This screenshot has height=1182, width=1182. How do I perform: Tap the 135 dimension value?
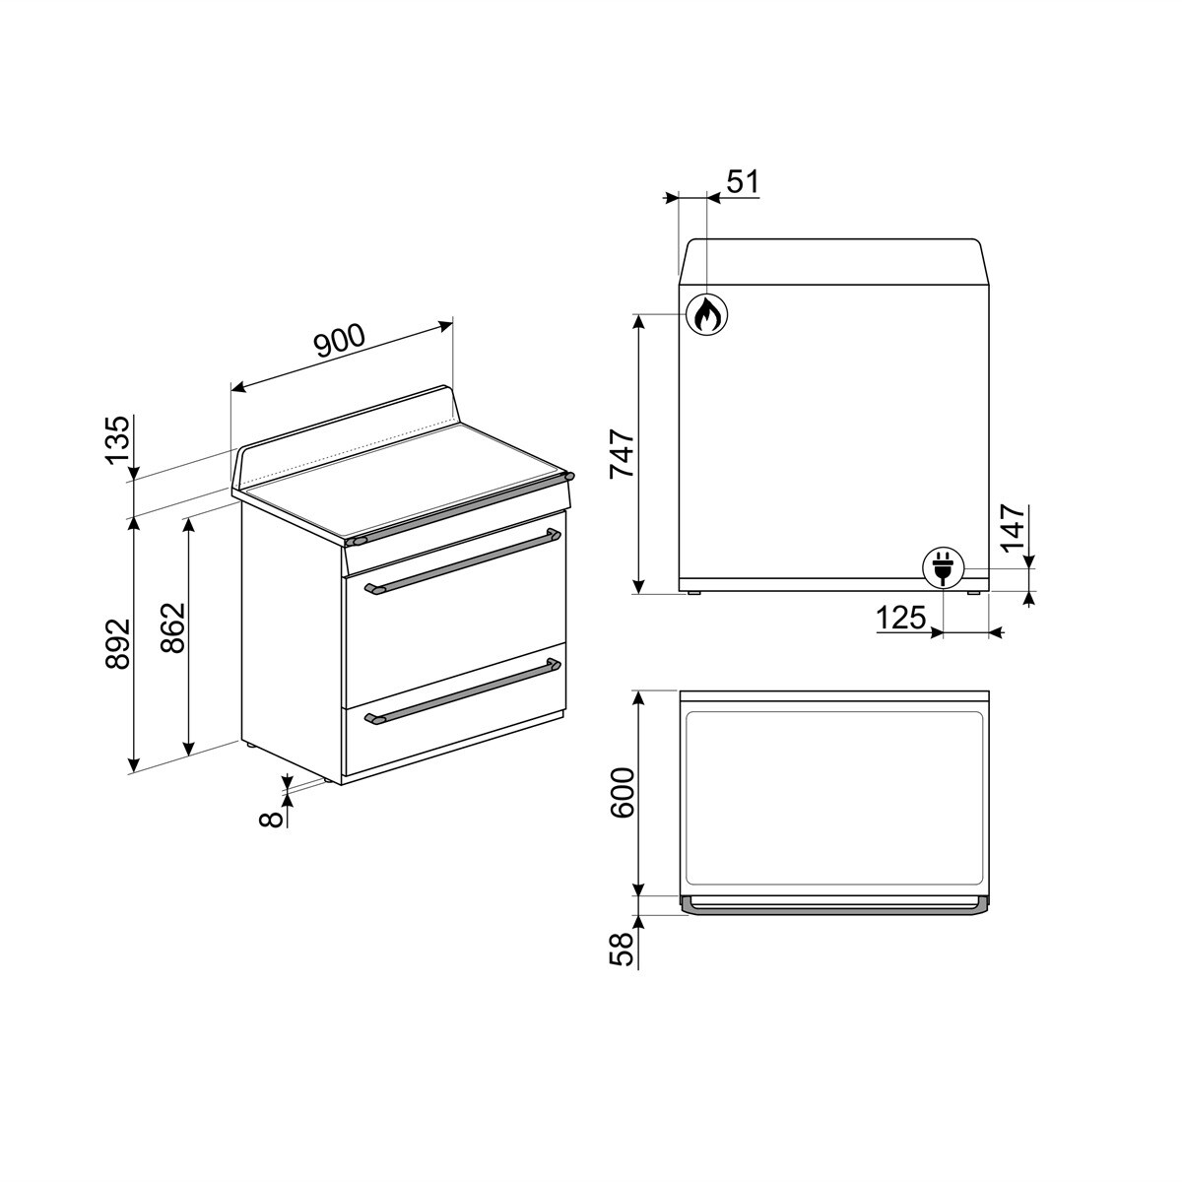point(118,440)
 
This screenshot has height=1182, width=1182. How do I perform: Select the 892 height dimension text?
point(118,644)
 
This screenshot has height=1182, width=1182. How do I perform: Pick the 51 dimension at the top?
point(743,182)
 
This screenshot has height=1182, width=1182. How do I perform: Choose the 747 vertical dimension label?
point(623,454)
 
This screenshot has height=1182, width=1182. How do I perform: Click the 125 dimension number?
point(901,619)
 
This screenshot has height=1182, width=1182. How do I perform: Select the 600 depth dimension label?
point(623,793)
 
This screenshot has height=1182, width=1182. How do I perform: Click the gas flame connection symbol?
point(706,314)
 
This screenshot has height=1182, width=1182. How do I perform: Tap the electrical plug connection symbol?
point(943,567)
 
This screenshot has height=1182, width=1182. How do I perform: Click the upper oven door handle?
point(462,561)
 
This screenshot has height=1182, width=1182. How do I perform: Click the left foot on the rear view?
point(695,593)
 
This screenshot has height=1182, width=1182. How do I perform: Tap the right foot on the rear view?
point(972,593)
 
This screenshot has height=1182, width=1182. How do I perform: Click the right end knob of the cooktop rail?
point(568,477)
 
